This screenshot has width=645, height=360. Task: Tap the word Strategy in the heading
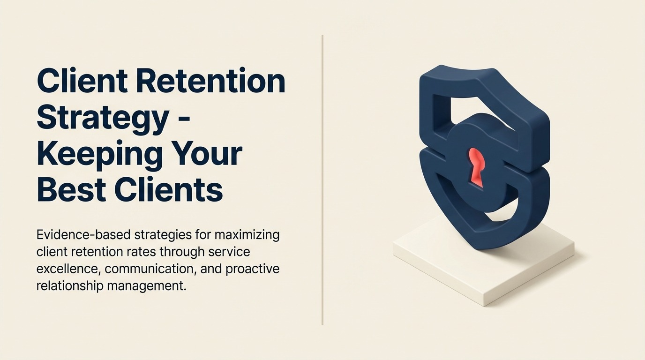(103, 119)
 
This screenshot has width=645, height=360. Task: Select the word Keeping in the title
(98, 155)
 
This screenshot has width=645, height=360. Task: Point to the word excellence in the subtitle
(69, 269)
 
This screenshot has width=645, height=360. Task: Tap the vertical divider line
(322, 180)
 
